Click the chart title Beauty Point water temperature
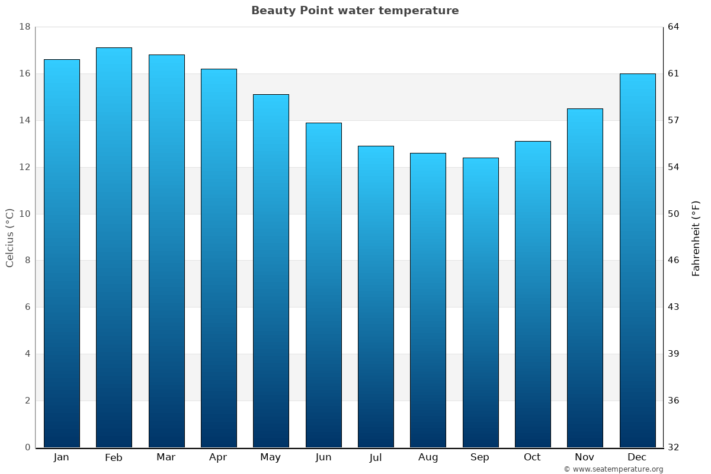355,11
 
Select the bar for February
114,249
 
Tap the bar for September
480,302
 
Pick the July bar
376,296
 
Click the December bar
637,261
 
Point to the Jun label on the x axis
324,457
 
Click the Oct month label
532,457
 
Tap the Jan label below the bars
61,457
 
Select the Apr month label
218,457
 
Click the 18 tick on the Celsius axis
24,27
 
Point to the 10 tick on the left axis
24,214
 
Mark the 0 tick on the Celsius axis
27,447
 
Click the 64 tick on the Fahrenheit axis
674,27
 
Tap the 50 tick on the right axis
674,214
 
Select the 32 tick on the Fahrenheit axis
674,447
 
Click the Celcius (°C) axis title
9,238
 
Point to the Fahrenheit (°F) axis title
696,238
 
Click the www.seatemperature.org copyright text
613,469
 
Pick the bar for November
585,278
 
